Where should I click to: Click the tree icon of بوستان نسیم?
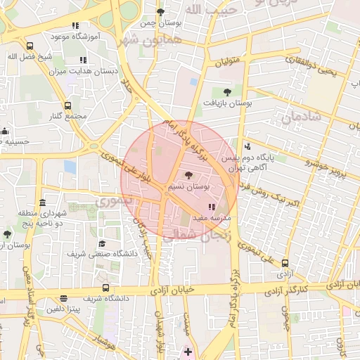point(188,175)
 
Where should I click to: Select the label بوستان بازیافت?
point(228,103)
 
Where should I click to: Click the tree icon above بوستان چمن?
point(160,12)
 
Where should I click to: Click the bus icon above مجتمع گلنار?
point(67,105)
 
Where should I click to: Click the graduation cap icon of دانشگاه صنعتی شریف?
point(93,243)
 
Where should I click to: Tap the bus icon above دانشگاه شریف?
point(105,288)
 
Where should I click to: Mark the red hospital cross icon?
point(188,351)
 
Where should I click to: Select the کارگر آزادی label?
point(304,288)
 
